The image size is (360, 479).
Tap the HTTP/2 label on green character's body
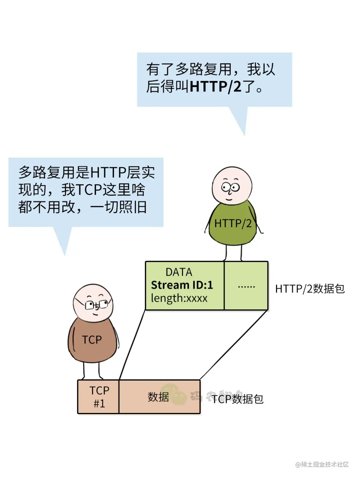tap(233, 223)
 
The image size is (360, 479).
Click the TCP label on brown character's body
tap(92, 340)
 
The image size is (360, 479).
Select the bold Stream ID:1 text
tap(182, 285)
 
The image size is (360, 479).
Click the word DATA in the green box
tap(179, 272)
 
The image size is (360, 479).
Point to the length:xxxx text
tap(179, 298)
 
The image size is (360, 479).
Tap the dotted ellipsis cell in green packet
tap(246, 286)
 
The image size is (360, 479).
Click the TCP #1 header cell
tap(99, 397)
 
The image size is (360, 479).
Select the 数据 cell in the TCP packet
tap(158, 397)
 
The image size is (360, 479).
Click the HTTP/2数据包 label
tap(310, 289)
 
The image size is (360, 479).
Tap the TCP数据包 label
tap(238, 399)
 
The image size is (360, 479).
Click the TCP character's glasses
tap(97, 305)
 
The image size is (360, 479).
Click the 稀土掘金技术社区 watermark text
tap(322, 464)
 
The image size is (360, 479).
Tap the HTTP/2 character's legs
tap(233, 253)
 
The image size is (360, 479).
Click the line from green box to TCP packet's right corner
tap(233, 345)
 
